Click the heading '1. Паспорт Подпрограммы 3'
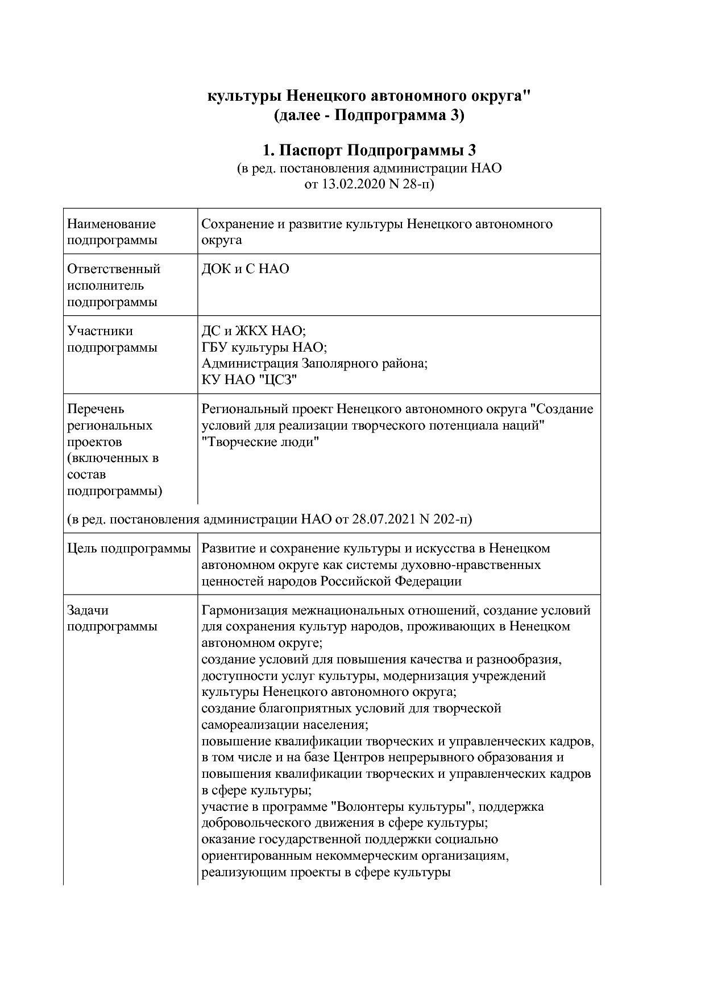pos(369,151)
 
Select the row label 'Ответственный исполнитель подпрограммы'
pos(114,285)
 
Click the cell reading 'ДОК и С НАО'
pos(245,269)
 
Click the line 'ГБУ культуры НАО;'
pos(264,347)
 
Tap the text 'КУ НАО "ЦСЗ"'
pos(250,380)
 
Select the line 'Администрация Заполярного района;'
pos(314,364)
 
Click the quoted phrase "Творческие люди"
pos(260,442)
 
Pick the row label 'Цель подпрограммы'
pos(128,549)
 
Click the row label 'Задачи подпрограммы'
pos(112,618)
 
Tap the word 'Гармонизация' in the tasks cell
pos(245,611)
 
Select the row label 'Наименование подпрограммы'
pos(112,232)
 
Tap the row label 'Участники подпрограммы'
pos(112,339)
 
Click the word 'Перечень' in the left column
pos(96,409)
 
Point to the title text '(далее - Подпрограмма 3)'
pos(369,116)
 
